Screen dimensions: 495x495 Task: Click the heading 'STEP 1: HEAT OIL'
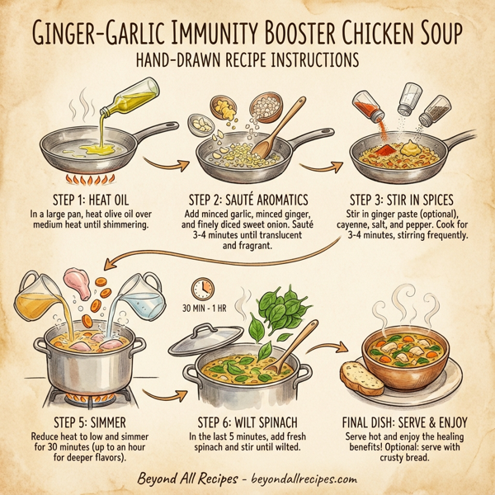tap(86, 200)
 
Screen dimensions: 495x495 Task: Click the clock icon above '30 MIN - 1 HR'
tap(200, 288)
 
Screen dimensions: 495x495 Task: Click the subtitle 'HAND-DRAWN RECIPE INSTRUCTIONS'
tap(247, 62)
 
